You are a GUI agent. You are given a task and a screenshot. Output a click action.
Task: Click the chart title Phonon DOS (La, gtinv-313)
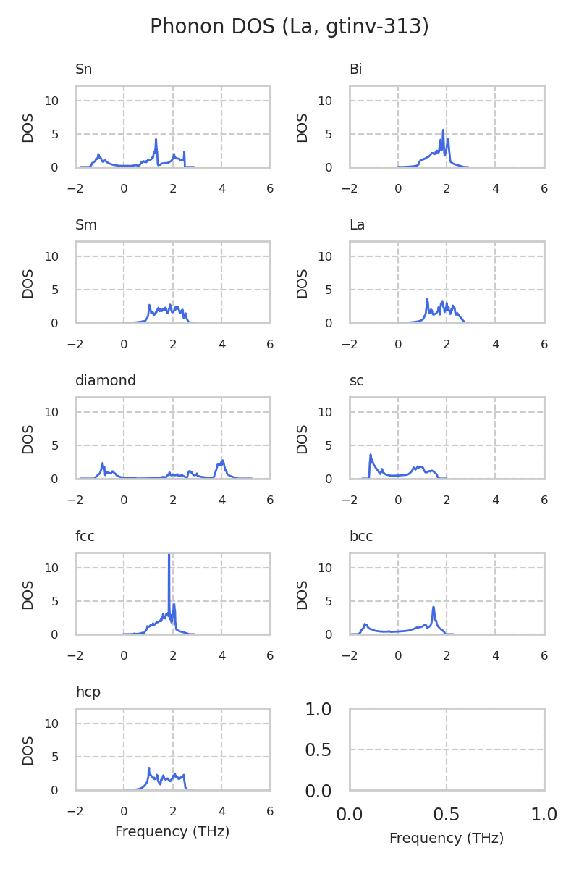click(289, 27)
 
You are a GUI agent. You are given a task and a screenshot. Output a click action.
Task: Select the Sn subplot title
click(84, 70)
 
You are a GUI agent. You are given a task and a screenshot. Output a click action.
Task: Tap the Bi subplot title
click(355, 70)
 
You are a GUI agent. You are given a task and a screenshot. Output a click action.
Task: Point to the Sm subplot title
click(86, 225)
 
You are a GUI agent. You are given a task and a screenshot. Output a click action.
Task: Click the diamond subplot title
click(106, 381)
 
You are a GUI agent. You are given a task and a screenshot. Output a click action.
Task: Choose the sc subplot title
click(357, 381)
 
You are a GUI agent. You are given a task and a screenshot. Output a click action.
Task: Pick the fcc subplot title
click(85, 537)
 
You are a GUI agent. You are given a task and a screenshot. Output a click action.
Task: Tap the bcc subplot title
click(361, 537)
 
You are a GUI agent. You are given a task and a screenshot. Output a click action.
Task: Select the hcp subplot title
click(88, 692)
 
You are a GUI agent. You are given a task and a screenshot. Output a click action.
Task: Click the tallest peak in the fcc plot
click(169, 556)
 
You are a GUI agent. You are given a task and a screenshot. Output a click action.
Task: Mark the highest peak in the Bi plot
click(443, 130)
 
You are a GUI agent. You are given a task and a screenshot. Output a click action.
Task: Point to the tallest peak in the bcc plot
click(433, 607)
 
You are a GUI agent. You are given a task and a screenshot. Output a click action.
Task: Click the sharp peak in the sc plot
click(371, 455)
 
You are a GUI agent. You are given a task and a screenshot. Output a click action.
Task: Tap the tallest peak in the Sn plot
click(156, 140)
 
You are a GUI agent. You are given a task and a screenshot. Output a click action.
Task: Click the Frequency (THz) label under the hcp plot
click(172, 832)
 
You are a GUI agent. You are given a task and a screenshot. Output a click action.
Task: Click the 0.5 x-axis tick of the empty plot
click(447, 815)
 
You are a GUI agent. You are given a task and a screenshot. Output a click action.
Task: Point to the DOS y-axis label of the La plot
click(303, 283)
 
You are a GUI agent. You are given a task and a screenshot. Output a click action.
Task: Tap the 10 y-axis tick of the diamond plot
click(51, 412)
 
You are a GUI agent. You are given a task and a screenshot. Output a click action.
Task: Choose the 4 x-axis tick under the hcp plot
click(221, 812)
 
